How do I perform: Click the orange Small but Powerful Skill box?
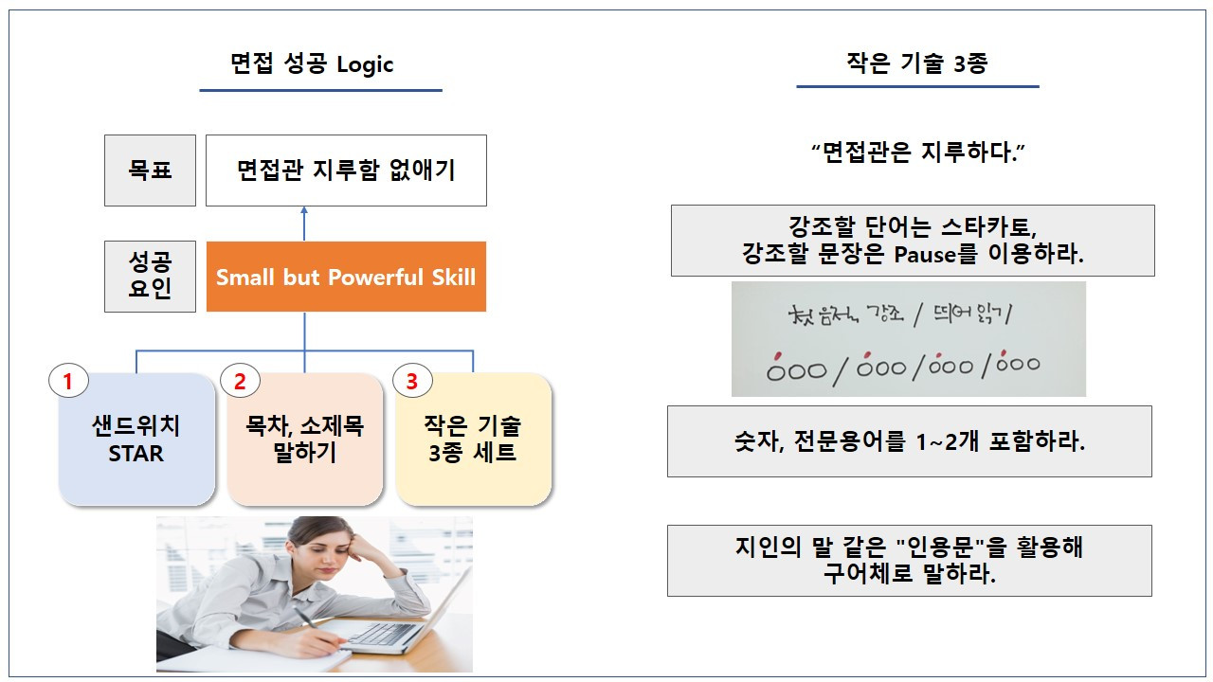pyautogui.click(x=346, y=277)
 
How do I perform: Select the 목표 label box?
pyautogui.click(x=150, y=170)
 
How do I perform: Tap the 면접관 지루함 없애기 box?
pyautogui.click(x=346, y=170)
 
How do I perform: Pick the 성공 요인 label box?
pyautogui.click(x=150, y=277)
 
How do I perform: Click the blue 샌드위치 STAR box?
pyautogui.click(x=136, y=440)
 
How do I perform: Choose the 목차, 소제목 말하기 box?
pyautogui.click(x=304, y=440)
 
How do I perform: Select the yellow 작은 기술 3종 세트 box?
pyautogui.click(x=473, y=440)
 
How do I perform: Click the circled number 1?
pyautogui.click(x=67, y=382)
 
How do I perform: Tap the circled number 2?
pyautogui.click(x=240, y=382)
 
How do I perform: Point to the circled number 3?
pyautogui.click(x=411, y=382)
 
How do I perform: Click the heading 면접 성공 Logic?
pyautogui.click(x=312, y=64)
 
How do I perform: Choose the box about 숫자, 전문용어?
pyautogui.click(x=910, y=441)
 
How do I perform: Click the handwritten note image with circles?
pyautogui.click(x=908, y=339)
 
